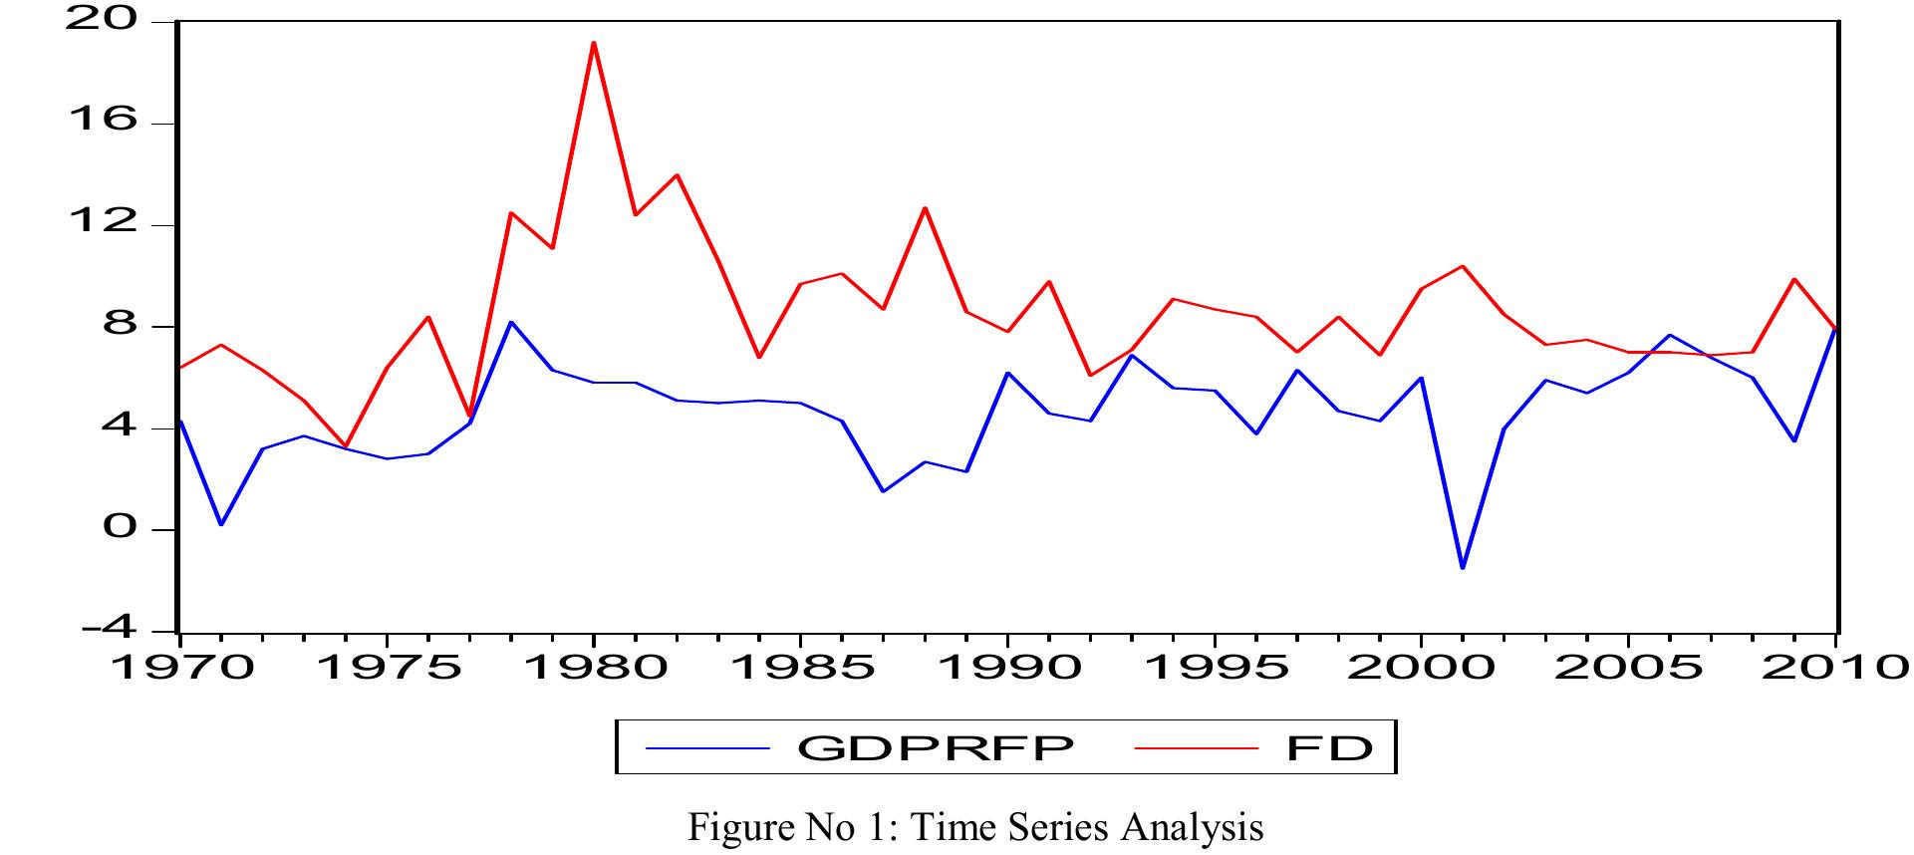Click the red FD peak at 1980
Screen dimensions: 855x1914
pyautogui.click(x=594, y=43)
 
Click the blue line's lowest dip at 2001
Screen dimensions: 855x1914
pyautogui.click(x=1463, y=568)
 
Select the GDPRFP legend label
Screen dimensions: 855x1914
pyautogui.click(x=935, y=747)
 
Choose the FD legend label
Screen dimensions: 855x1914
pyautogui.click(x=1329, y=747)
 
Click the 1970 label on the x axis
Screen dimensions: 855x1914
pyautogui.click(x=181, y=667)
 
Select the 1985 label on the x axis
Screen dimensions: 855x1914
pyautogui.click(x=801, y=667)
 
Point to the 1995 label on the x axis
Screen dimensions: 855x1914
pyautogui.click(x=1215, y=667)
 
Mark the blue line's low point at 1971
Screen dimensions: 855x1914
pyautogui.click(x=221, y=524)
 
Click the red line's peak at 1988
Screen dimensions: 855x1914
pyautogui.click(x=925, y=208)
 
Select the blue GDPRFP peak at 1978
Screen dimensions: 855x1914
pyautogui.click(x=511, y=322)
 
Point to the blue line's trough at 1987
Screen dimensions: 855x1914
pyautogui.click(x=884, y=491)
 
